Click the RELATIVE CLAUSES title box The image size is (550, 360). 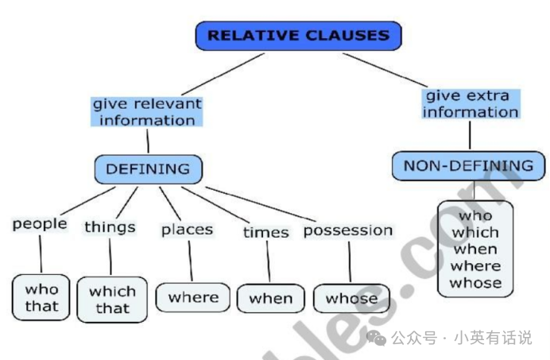[x=298, y=36]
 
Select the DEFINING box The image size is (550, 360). [x=148, y=168]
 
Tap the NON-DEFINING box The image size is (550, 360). [x=468, y=166]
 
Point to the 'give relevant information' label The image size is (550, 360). [x=147, y=112]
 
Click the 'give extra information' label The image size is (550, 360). [x=471, y=104]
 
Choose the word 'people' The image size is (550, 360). [x=40, y=224]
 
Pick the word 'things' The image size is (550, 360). [x=110, y=227]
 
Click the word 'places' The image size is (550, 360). [x=188, y=230]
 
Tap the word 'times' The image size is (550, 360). [x=265, y=232]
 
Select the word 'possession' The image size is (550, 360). [x=348, y=230]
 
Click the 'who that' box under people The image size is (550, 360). [x=41, y=298]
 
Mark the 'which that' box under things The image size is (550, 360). [x=112, y=300]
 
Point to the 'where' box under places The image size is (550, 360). [x=193, y=298]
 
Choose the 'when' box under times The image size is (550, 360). [x=271, y=299]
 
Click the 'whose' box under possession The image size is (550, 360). [x=351, y=299]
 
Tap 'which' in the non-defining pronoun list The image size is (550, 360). [x=475, y=232]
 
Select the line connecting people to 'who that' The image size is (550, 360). [x=40, y=254]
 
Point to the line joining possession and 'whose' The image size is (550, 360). [x=349, y=261]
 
